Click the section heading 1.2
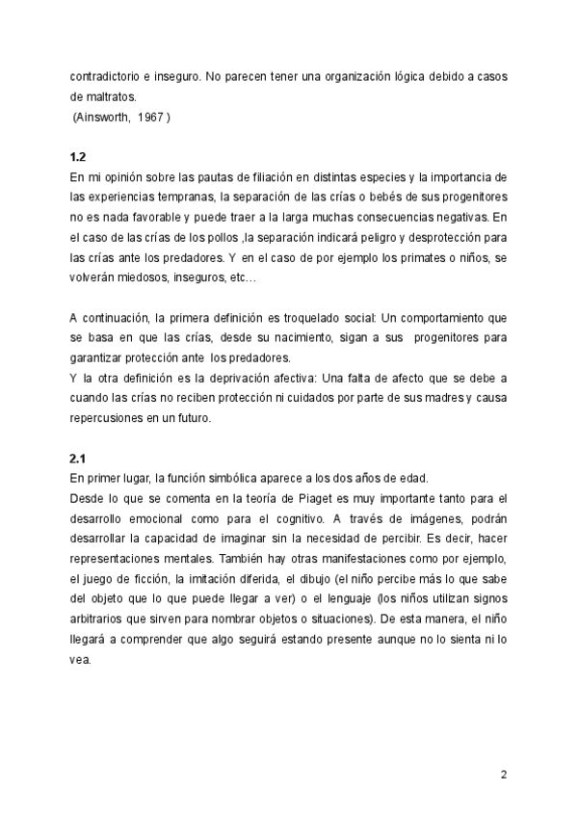(x=79, y=158)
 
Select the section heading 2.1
(x=79, y=459)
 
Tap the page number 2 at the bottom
(x=504, y=775)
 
